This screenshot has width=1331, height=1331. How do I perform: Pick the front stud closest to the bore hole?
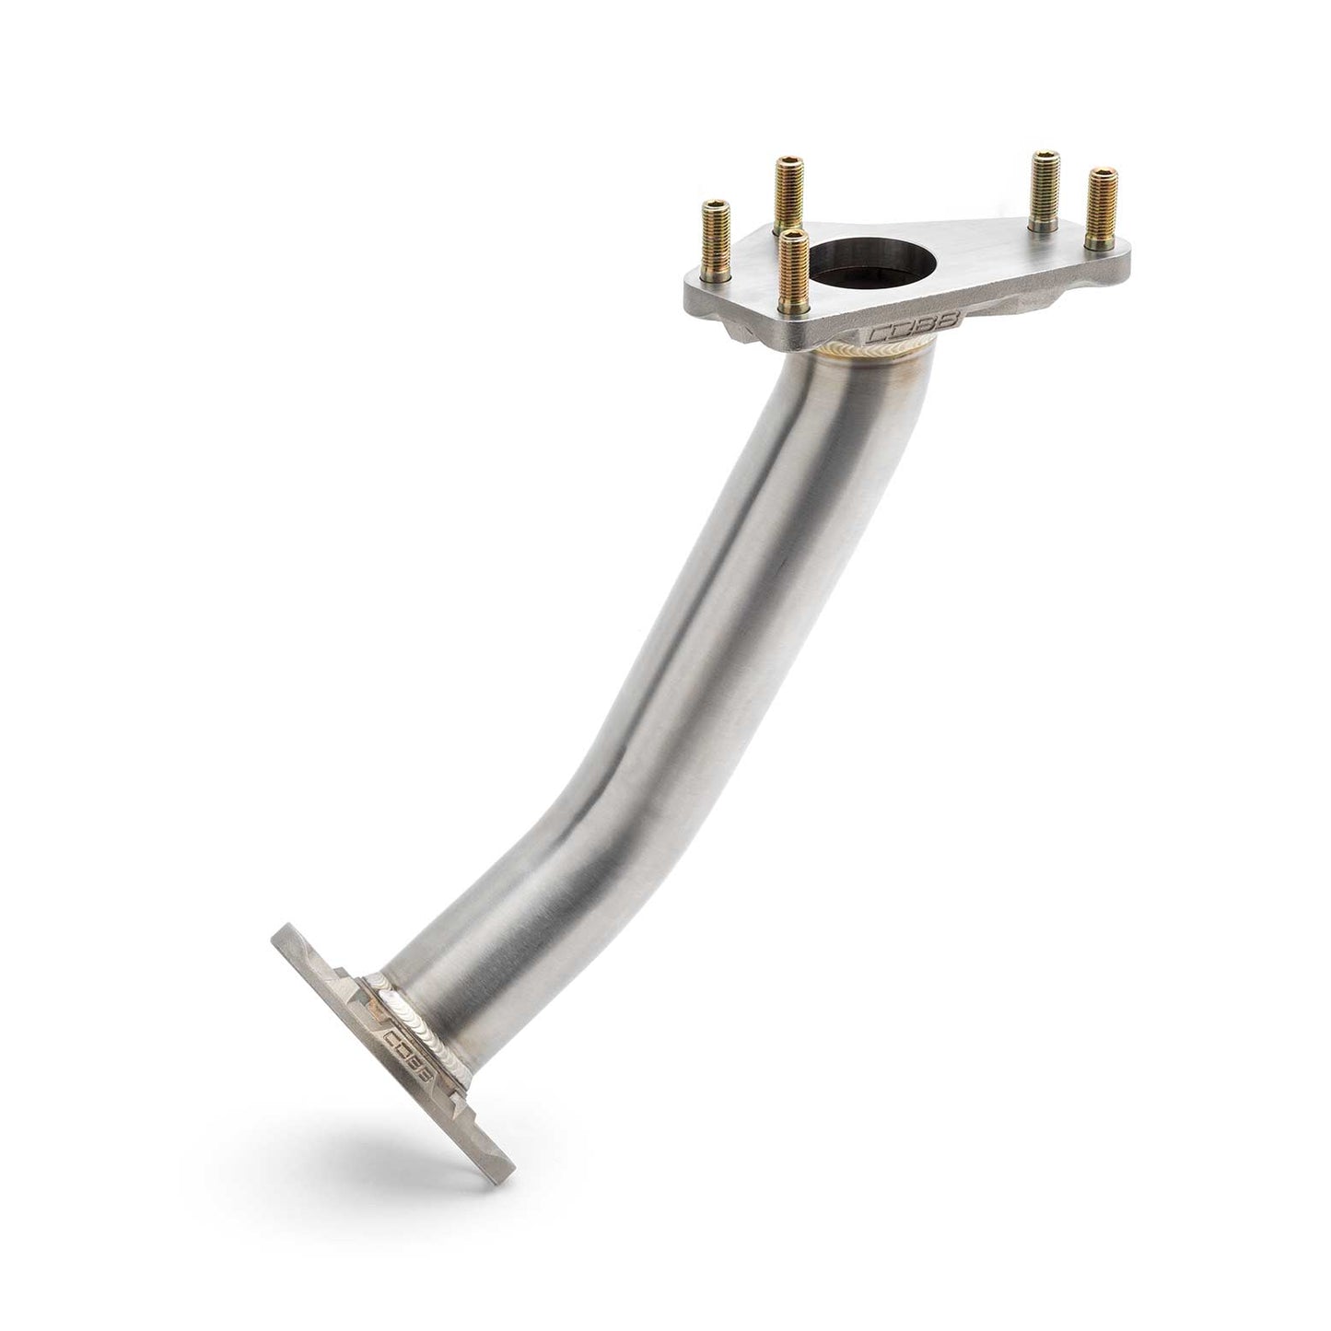[794, 272]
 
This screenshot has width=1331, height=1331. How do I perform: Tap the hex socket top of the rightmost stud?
[1101, 172]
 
